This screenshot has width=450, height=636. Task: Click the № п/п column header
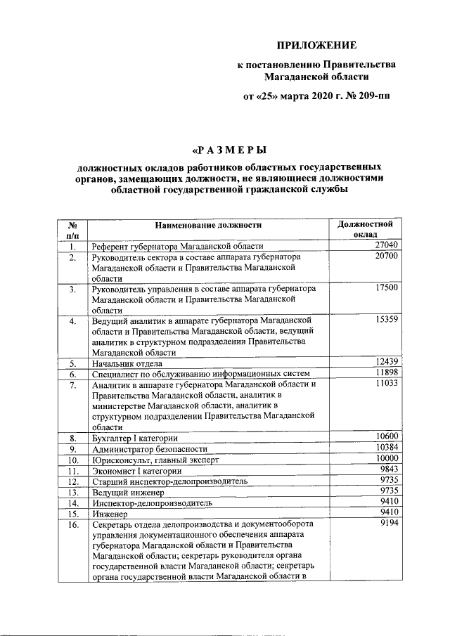tap(72, 230)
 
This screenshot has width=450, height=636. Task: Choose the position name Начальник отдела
tap(127, 363)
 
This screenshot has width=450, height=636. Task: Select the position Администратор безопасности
tap(150, 448)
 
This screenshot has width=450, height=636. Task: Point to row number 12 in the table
tap(72, 481)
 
